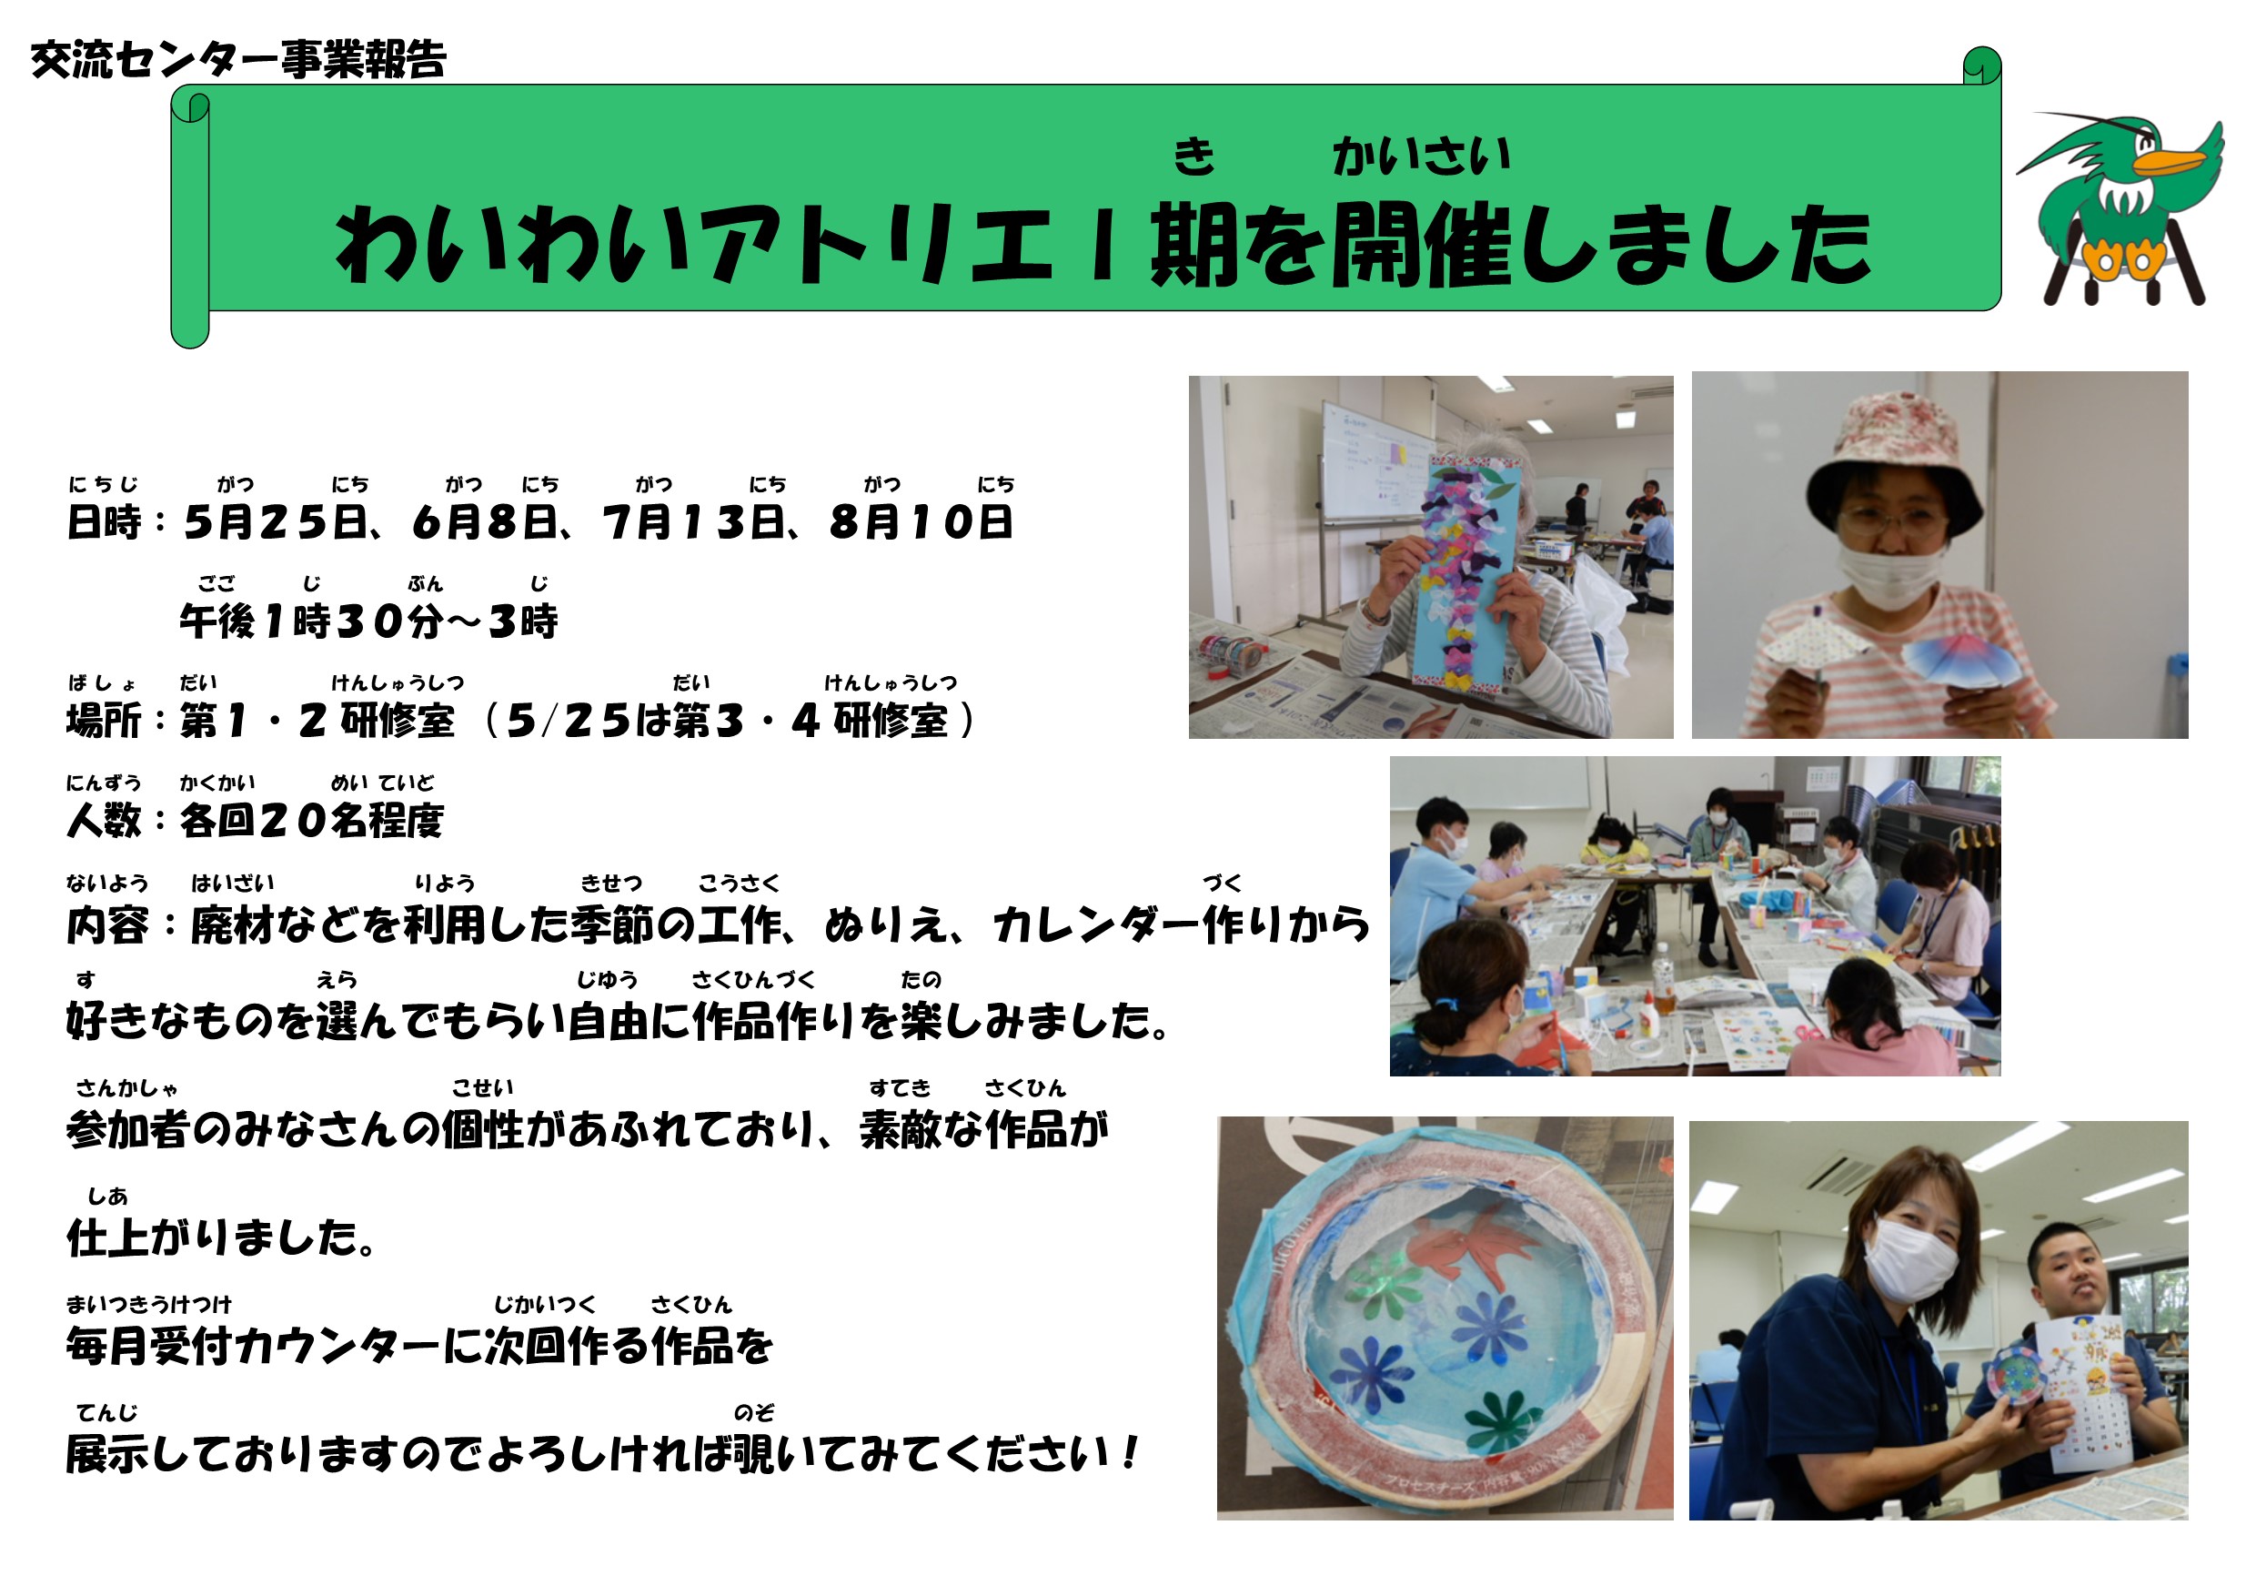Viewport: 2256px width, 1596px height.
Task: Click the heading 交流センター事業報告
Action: (238, 60)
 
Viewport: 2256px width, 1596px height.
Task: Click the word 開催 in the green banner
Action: (1421, 246)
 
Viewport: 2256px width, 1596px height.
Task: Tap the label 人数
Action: (103, 821)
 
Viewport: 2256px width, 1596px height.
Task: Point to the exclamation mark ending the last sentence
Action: (1131, 1452)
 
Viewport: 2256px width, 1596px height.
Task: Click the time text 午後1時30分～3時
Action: (368, 622)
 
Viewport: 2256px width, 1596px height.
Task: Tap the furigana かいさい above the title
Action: (1422, 157)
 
